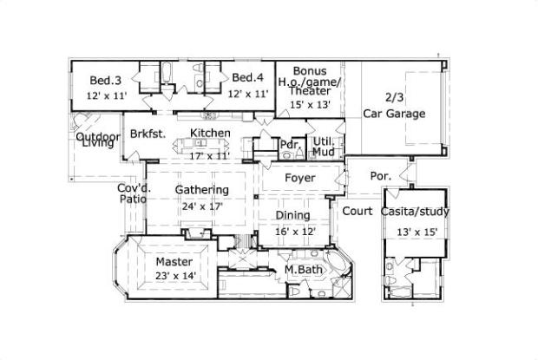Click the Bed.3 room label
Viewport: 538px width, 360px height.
coord(105,81)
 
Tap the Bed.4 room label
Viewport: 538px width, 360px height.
coord(247,77)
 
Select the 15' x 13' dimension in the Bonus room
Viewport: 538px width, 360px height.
coord(310,105)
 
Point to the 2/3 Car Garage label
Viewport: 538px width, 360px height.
coord(394,106)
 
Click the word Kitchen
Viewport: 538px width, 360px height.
coord(210,133)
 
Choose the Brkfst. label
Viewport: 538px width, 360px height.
coord(148,134)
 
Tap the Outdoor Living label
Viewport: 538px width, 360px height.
coord(98,140)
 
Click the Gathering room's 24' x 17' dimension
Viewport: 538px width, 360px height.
coord(202,206)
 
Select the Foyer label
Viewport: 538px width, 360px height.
coord(300,178)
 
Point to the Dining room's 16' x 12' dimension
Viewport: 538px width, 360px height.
coord(295,232)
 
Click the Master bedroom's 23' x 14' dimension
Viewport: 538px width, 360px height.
coord(175,276)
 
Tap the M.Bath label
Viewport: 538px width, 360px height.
coord(304,270)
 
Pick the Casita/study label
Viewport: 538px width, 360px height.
coord(415,212)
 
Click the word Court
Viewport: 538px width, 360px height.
coord(358,211)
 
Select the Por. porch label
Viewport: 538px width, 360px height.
coord(381,176)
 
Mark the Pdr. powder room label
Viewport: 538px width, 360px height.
coord(291,144)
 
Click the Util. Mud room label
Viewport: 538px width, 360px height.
coord(324,147)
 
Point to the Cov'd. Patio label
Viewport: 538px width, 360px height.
coord(134,193)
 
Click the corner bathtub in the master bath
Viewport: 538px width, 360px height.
coord(338,263)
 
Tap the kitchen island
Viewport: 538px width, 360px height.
coord(201,146)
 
